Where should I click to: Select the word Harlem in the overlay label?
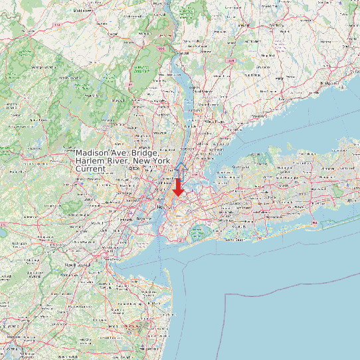coord(91,161)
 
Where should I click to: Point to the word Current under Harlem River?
coord(90,169)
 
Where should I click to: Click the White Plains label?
coord(214,122)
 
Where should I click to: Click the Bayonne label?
coord(142,219)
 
